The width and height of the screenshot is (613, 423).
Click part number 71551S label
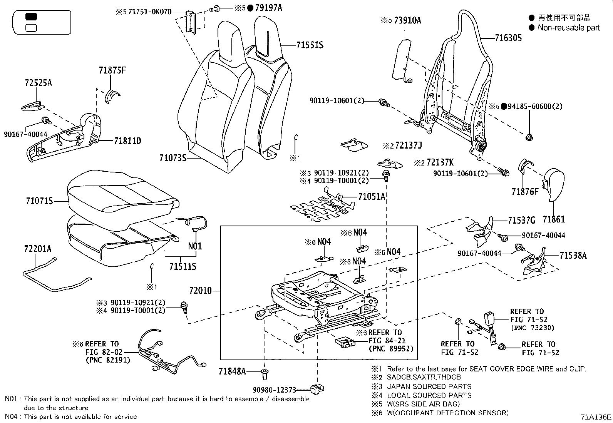pyautogui.click(x=310, y=45)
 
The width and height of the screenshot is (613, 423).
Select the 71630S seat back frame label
pyautogui.click(x=508, y=38)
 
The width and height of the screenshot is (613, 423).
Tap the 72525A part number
pyautogui.click(x=38, y=83)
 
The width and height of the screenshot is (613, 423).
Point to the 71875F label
pyautogui.click(x=112, y=70)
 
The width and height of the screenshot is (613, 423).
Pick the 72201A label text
pyautogui.click(x=37, y=249)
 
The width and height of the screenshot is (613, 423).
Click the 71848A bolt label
pyautogui.click(x=232, y=371)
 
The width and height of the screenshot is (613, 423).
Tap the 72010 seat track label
pyautogui.click(x=200, y=291)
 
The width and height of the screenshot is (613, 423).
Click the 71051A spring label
pyautogui.click(x=372, y=197)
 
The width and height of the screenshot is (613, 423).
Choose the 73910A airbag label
pyautogui.click(x=407, y=20)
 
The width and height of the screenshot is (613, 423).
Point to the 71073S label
pyautogui.click(x=173, y=157)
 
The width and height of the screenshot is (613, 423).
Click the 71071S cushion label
pyautogui.click(x=39, y=201)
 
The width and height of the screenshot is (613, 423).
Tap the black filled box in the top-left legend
pyautogui.click(x=31, y=16)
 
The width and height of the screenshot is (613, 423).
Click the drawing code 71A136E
pyautogui.click(x=596, y=417)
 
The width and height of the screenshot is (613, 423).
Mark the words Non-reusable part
pyautogui.click(x=569, y=27)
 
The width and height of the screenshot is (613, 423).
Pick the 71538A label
pyautogui.click(x=573, y=255)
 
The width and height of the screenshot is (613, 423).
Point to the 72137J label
pyautogui.click(x=409, y=145)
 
